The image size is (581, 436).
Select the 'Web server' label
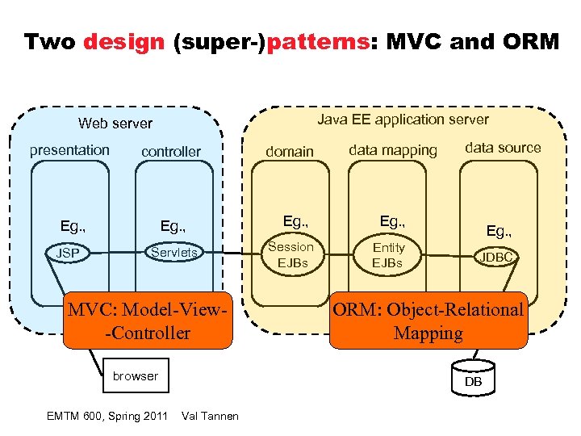pos(115,124)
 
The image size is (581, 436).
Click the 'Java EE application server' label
pos(403,119)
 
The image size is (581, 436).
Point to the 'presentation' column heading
pos(69,149)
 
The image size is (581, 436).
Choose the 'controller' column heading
pos(171,151)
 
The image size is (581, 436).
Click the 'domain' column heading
pos(290,151)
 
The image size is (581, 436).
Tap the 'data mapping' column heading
pos(393,150)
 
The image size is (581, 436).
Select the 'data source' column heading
pos(503,147)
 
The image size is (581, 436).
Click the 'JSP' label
pos(68,254)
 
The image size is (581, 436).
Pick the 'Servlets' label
pos(173,252)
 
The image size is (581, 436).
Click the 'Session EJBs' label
pos(290,254)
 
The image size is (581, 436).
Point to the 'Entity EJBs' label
pos(388,254)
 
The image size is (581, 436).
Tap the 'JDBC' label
pos(497,258)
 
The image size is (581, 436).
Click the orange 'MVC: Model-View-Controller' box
pos(148,321)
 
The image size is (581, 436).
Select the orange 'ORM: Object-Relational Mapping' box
pos(428,321)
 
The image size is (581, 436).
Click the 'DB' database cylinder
pos(473,377)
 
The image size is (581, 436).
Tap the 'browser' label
pos(136,375)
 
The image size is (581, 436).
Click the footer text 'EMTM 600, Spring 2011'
pos(107,416)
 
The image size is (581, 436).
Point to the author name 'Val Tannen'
pos(211,416)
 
